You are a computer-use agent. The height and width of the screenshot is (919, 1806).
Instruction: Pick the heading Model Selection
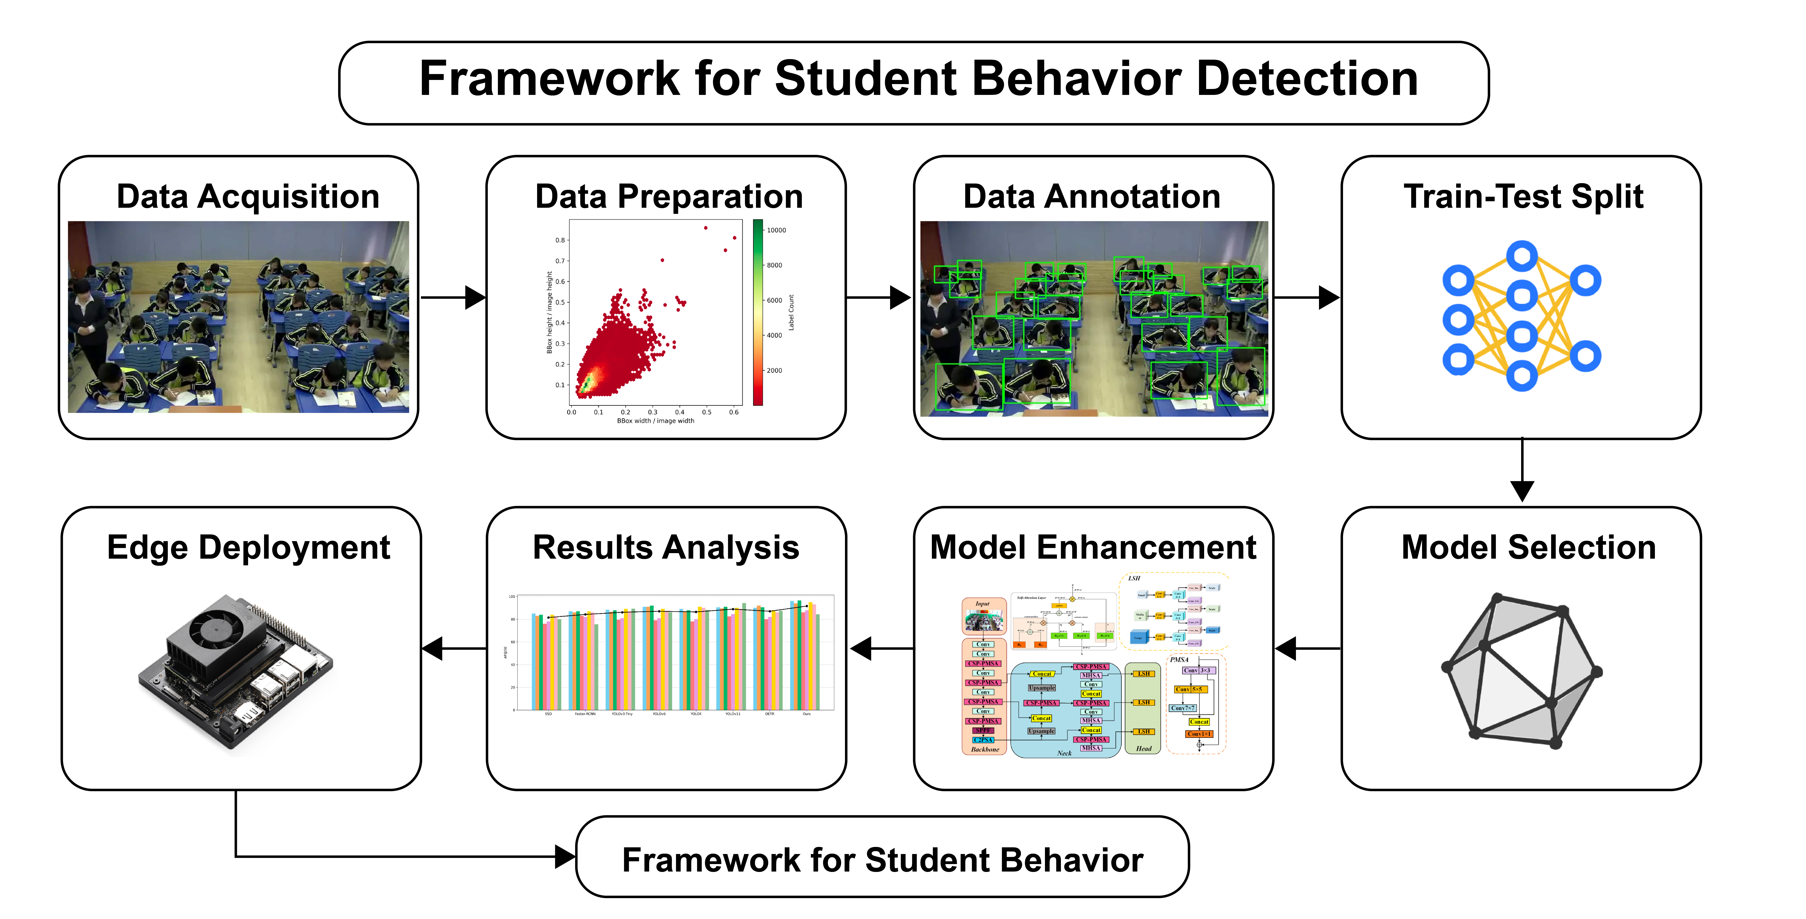click(x=1528, y=547)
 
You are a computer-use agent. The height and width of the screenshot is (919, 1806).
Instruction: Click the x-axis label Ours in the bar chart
click(x=806, y=714)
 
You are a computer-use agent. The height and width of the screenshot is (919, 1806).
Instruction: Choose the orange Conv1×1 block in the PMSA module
click(x=1199, y=734)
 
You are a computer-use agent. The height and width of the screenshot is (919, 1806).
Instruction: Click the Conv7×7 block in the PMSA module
click(x=1183, y=708)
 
